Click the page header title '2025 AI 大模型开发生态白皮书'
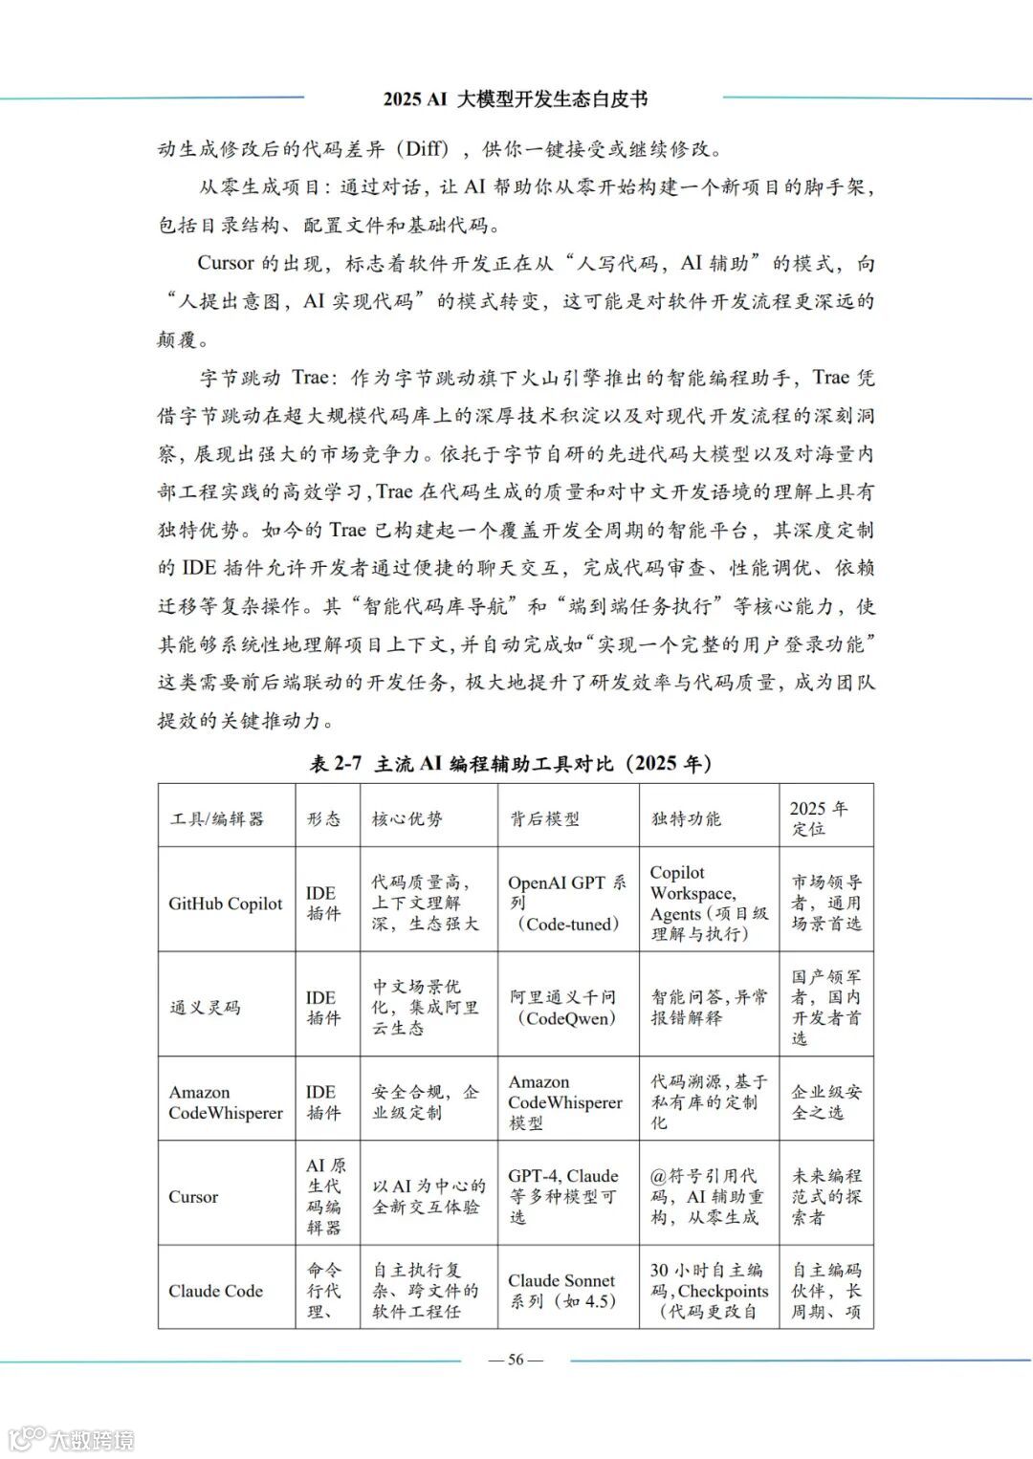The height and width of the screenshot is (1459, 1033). tap(516, 98)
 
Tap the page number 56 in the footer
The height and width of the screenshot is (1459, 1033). tap(516, 1361)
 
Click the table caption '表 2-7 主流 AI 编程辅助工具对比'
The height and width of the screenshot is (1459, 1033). tap(511, 763)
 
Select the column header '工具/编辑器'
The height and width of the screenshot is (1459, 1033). tap(217, 818)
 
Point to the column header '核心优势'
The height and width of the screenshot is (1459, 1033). tap(407, 818)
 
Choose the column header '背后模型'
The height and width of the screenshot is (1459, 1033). tap(544, 818)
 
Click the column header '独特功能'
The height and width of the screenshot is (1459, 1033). tap(686, 818)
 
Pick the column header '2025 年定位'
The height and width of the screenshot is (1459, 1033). tap(819, 818)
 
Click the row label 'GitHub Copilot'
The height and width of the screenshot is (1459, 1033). tap(226, 904)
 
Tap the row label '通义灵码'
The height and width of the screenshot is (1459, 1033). tap(205, 1007)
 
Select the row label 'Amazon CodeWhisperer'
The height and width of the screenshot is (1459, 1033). tap(226, 1102)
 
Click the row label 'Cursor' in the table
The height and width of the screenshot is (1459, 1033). tap(193, 1197)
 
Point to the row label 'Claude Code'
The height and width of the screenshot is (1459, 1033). tap(215, 1291)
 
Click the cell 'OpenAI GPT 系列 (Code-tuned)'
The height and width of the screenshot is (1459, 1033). tap(566, 904)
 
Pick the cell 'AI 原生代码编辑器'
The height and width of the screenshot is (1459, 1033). tap(326, 1196)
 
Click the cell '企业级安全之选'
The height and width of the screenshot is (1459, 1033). tap(826, 1101)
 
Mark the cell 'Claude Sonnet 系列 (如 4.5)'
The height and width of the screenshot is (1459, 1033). tap(562, 1291)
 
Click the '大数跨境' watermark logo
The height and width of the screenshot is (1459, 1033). tap(72, 1438)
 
